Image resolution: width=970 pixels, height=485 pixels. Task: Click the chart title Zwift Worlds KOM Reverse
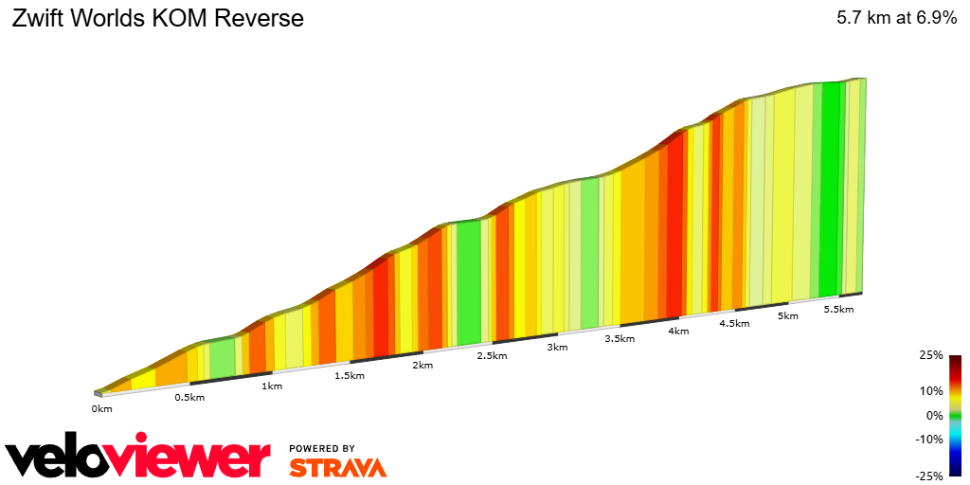click(x=157, y=18)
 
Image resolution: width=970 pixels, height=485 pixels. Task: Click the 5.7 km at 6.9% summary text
click(x=896, y=18)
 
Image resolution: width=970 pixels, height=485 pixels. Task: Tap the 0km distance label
click(x=102, y=408)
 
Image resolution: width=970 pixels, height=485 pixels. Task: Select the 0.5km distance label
click(x=189, y=397)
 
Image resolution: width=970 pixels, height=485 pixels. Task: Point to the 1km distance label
click(x=272, y=386)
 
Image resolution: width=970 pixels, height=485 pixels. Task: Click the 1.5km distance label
click(x=350, y=375)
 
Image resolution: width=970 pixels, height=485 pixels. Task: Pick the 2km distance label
click(x=422, y=366)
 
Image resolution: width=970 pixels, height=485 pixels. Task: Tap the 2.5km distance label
click(x=492, y=356)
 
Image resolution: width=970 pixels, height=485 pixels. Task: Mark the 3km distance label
click(x=557, y=348)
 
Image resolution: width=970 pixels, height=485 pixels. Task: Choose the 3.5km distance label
click(x=620, y=339)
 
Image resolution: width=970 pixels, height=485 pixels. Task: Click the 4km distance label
click(x=678, y=332)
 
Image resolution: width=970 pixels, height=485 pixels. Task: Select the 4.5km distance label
click(x=734, y=324)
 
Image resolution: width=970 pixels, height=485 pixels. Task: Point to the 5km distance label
click(x=788, y=316)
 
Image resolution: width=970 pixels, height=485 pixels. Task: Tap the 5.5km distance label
click(x=839, y=310)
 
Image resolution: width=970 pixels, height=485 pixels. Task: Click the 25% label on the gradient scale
click(x=931, y=355)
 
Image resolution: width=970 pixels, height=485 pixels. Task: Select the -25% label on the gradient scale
click(x=929, y=476)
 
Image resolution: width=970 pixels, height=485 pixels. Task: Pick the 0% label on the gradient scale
click(x=934, y=415)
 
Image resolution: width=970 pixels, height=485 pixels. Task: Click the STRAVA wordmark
click(x=337, y=467)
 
